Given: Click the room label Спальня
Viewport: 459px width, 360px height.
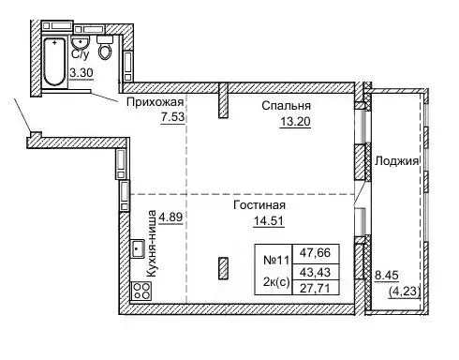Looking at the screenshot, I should pos(287,106).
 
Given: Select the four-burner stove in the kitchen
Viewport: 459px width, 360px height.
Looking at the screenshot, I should pos(141,291).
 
